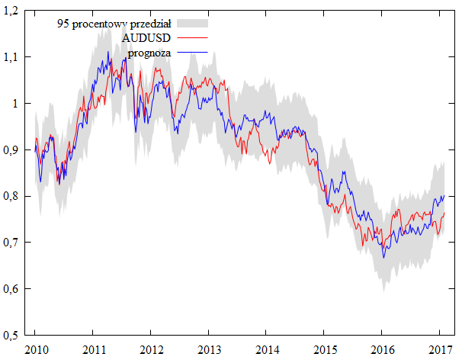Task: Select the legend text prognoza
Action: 149,53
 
